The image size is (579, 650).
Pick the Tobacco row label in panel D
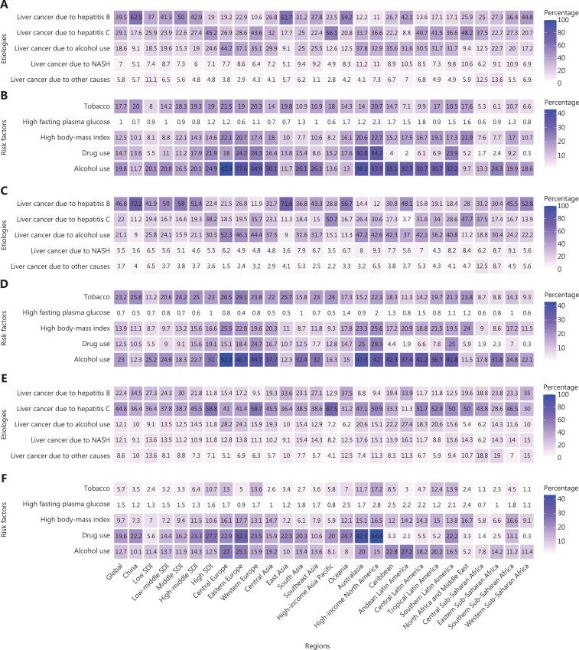point(91,296)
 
